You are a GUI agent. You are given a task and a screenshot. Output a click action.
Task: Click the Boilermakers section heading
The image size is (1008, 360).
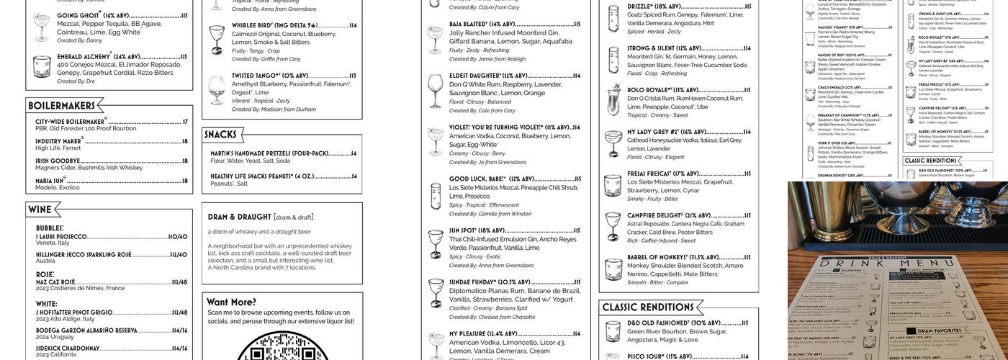(x=63, y=106)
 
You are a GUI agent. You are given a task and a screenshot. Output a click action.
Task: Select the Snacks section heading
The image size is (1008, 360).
(x=220, y=135)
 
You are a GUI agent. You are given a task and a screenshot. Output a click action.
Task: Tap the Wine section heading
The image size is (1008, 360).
(x=40, y=209)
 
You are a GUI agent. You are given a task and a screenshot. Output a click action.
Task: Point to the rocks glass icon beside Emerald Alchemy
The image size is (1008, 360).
(x=42, y=66)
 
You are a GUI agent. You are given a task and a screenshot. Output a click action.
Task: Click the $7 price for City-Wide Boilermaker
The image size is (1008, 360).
(x=185, y=122)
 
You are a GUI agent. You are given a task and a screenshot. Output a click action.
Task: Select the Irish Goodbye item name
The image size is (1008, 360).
(x=58, y=161)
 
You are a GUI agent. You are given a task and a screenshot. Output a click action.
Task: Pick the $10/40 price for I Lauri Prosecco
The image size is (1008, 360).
(x=178, y=236)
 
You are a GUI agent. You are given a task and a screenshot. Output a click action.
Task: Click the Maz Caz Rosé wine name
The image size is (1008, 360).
(x=55, y=282)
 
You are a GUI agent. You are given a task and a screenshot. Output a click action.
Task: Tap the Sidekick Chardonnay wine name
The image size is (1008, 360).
(x=68, y=348)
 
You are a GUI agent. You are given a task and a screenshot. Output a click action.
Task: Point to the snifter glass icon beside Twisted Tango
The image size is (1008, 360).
(x=217, y=90)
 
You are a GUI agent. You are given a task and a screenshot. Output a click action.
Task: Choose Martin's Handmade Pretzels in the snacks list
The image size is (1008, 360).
(x=269, y=153)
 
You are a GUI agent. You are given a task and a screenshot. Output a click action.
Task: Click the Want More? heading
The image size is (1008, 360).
(x=231, y=302)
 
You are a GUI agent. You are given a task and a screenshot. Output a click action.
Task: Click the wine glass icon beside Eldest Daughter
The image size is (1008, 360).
(x=436, y=91)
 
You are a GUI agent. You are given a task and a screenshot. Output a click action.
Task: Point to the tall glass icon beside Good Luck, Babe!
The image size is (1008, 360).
(x=436, y=196)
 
